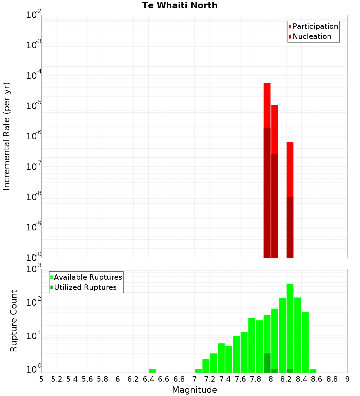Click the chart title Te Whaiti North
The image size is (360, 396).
(180, 5)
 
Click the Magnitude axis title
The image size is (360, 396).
(194, 390)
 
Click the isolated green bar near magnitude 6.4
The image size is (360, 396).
(152, 371)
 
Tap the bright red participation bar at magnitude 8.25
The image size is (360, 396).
(290, 169)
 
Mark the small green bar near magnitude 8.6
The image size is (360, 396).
(313, 371)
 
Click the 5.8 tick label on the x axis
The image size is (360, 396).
(103, 379)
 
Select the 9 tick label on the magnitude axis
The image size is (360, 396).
(347, 379)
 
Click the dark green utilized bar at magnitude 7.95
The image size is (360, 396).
(267, 363)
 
